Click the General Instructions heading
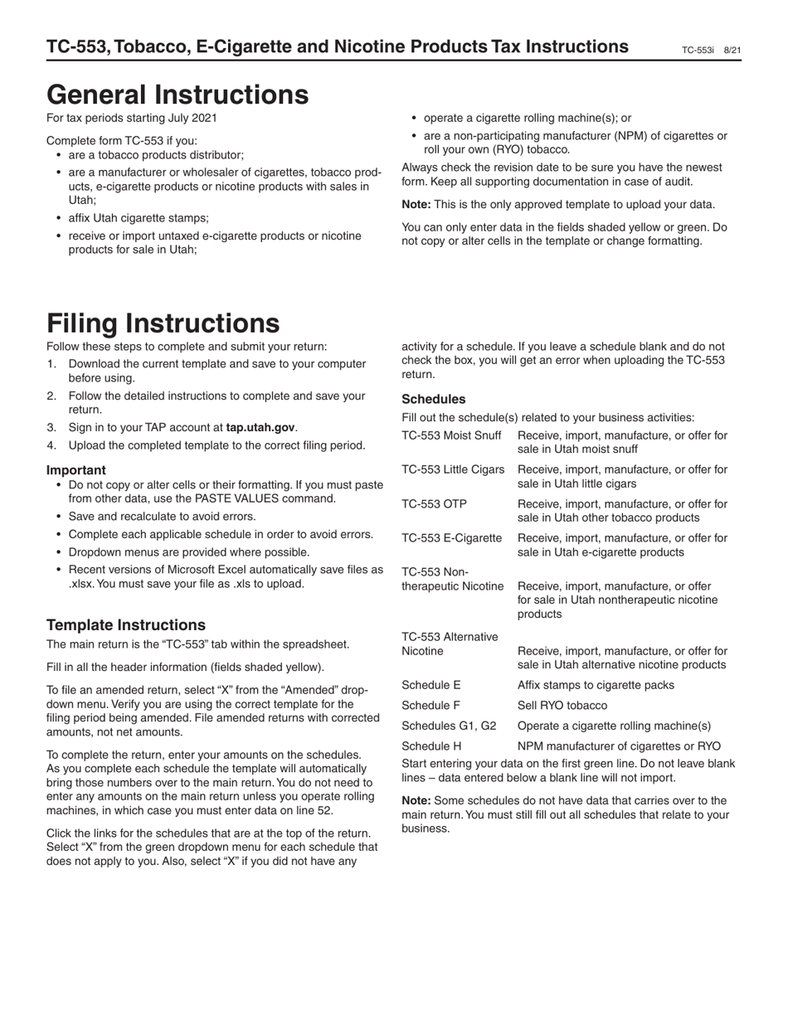coord(178,95)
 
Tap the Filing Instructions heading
coord(163,323)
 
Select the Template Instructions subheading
coord(126,625)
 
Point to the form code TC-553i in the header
coord(698,51)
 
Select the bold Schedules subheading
coord(433,399)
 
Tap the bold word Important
coord(76,469)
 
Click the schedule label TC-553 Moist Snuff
coord(451,435)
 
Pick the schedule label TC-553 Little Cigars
coord(453,470)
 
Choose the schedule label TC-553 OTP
coord(432,504)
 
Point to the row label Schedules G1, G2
coord(443,726)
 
